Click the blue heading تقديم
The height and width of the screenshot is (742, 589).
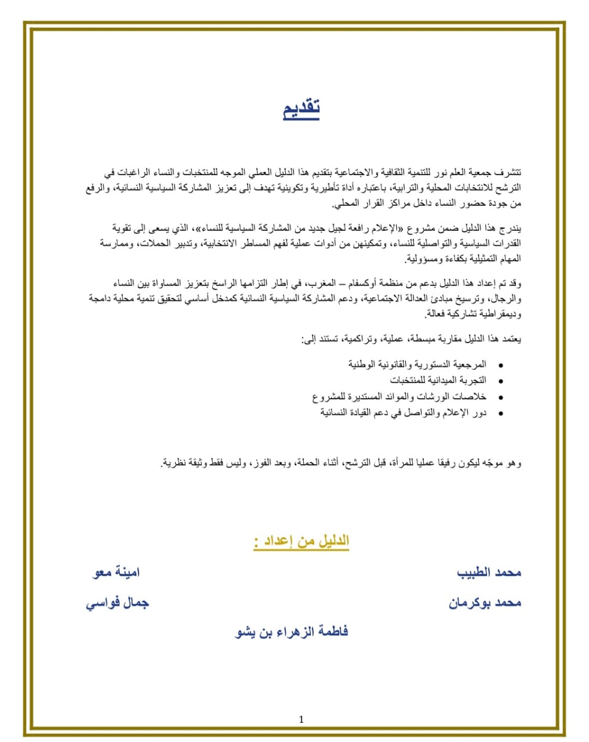tap(301, 108)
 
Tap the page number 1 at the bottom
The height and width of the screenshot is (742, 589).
tap(301, 719)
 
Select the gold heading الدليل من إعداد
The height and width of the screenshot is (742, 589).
tap(301, 541)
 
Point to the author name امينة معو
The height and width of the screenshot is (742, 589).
tap(117, 573)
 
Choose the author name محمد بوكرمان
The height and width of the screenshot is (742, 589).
tap(485, 603)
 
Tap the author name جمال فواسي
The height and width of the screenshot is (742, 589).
tap(118, 603)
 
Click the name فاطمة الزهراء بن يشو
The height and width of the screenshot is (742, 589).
tap(292, 632)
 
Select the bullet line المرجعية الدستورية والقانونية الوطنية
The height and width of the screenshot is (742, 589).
tap(417, 364)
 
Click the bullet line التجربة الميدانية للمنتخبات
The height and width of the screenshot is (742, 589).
tap(438, 380)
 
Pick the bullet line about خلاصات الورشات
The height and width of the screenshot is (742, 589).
tap(399, 397)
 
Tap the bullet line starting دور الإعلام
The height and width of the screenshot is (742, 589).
tap(403, 413)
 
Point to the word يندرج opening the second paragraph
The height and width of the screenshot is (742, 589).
tap(511, 227)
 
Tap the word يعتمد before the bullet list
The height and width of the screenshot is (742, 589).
tap(511, 338)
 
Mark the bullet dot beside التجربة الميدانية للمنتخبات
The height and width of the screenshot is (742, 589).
tap(500, 381)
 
